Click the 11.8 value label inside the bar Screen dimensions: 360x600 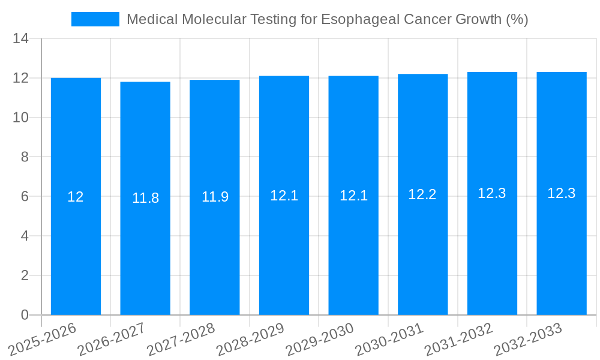(145, 198)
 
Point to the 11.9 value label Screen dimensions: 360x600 (215, 197)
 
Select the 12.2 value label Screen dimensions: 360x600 (422, 194)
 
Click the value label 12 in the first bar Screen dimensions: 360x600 (76, 197)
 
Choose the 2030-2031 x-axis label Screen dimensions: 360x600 (389, 339)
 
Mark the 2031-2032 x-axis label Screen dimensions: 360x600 (459, 339)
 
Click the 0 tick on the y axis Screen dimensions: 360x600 (25, 315)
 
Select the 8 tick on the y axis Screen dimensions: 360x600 (25, 157)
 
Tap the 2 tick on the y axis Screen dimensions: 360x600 (25, 275)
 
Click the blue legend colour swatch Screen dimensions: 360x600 (95, 19)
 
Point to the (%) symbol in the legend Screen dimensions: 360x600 (517, 19)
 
